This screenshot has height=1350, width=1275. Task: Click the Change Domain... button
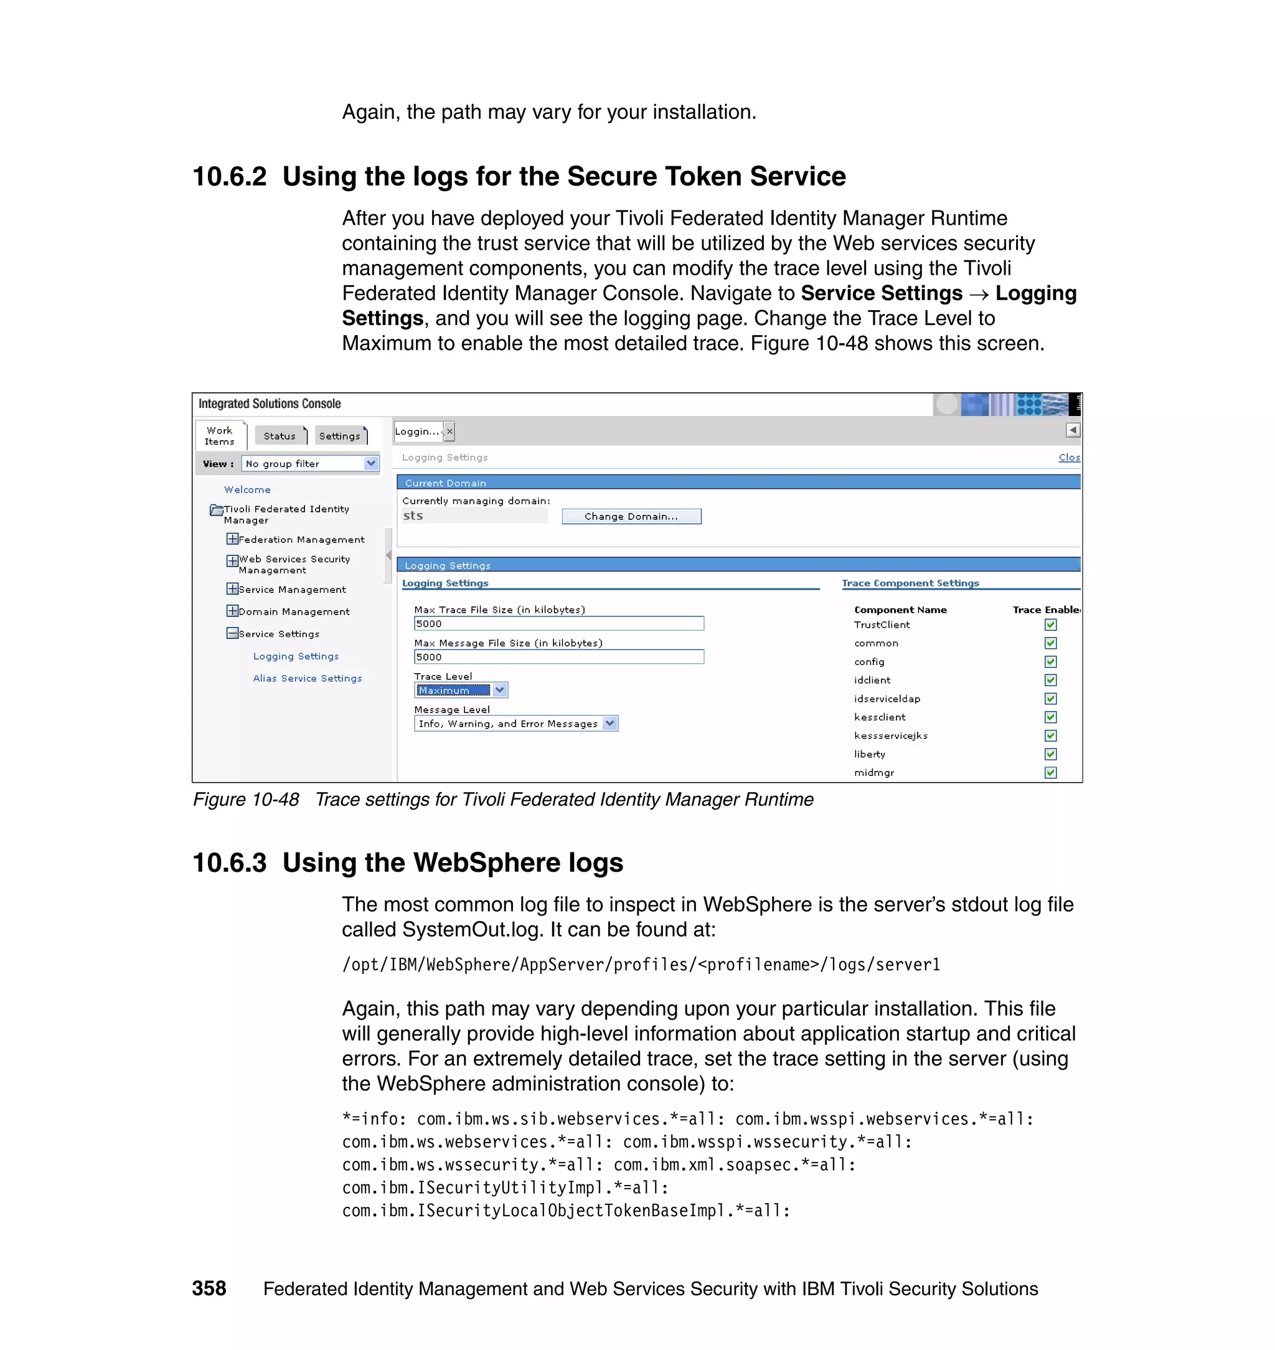pos(631,517)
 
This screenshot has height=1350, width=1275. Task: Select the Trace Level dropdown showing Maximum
pos(460,690)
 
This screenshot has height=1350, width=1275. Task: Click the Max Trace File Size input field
pos(558,623)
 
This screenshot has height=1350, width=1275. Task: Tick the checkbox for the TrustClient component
pos(1050,625)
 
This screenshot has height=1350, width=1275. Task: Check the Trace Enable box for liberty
pos(1050,754)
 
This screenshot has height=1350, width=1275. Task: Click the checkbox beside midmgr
pos(1050,772)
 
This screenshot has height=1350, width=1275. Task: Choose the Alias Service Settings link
pos(307,678)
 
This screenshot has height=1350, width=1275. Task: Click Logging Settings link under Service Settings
pos(296,656)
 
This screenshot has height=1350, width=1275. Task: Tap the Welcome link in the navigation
pos(247,489)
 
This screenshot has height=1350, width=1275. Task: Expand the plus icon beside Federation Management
pos(232,539)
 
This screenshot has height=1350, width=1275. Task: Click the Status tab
pos(280,436)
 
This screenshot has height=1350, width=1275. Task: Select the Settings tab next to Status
pos(340,436)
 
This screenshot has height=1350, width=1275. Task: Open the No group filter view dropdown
pos(310,463)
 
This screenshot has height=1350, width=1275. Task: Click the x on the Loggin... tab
pos(449,431)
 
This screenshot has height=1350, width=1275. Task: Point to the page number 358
pos(209,1288)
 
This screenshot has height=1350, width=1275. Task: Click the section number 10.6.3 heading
pos(230,862)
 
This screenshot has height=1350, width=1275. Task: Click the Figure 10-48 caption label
pos(246,800)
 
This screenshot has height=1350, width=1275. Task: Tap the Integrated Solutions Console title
pos(269,404)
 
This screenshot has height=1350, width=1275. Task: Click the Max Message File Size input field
pos(558,657)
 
